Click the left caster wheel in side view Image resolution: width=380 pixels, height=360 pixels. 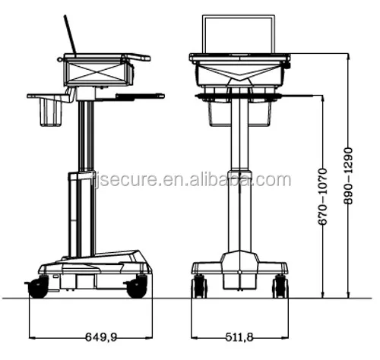[x=36, y=287]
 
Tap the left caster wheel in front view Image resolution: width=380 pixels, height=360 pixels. [x=200, y=286]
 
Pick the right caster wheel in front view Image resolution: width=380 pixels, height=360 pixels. [x=280, y=286]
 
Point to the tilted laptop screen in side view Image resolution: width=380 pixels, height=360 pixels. [x=71, y=36]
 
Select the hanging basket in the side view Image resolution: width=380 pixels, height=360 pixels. [x=50, y=112]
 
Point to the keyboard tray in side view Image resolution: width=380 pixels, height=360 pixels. [x=137, y=96]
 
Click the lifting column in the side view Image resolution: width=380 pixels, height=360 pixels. [x=83, y=182]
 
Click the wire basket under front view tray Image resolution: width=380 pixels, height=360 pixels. [x=239, y=112]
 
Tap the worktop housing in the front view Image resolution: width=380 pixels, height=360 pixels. [x=239, y=72]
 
